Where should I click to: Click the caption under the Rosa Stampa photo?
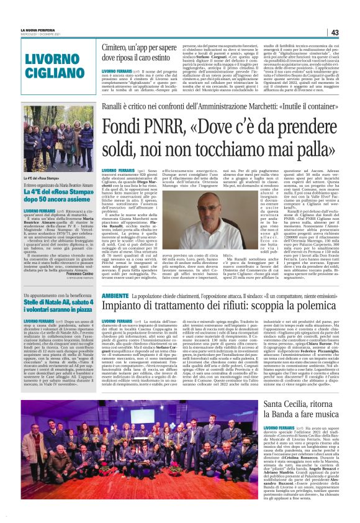coord(38,178)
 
